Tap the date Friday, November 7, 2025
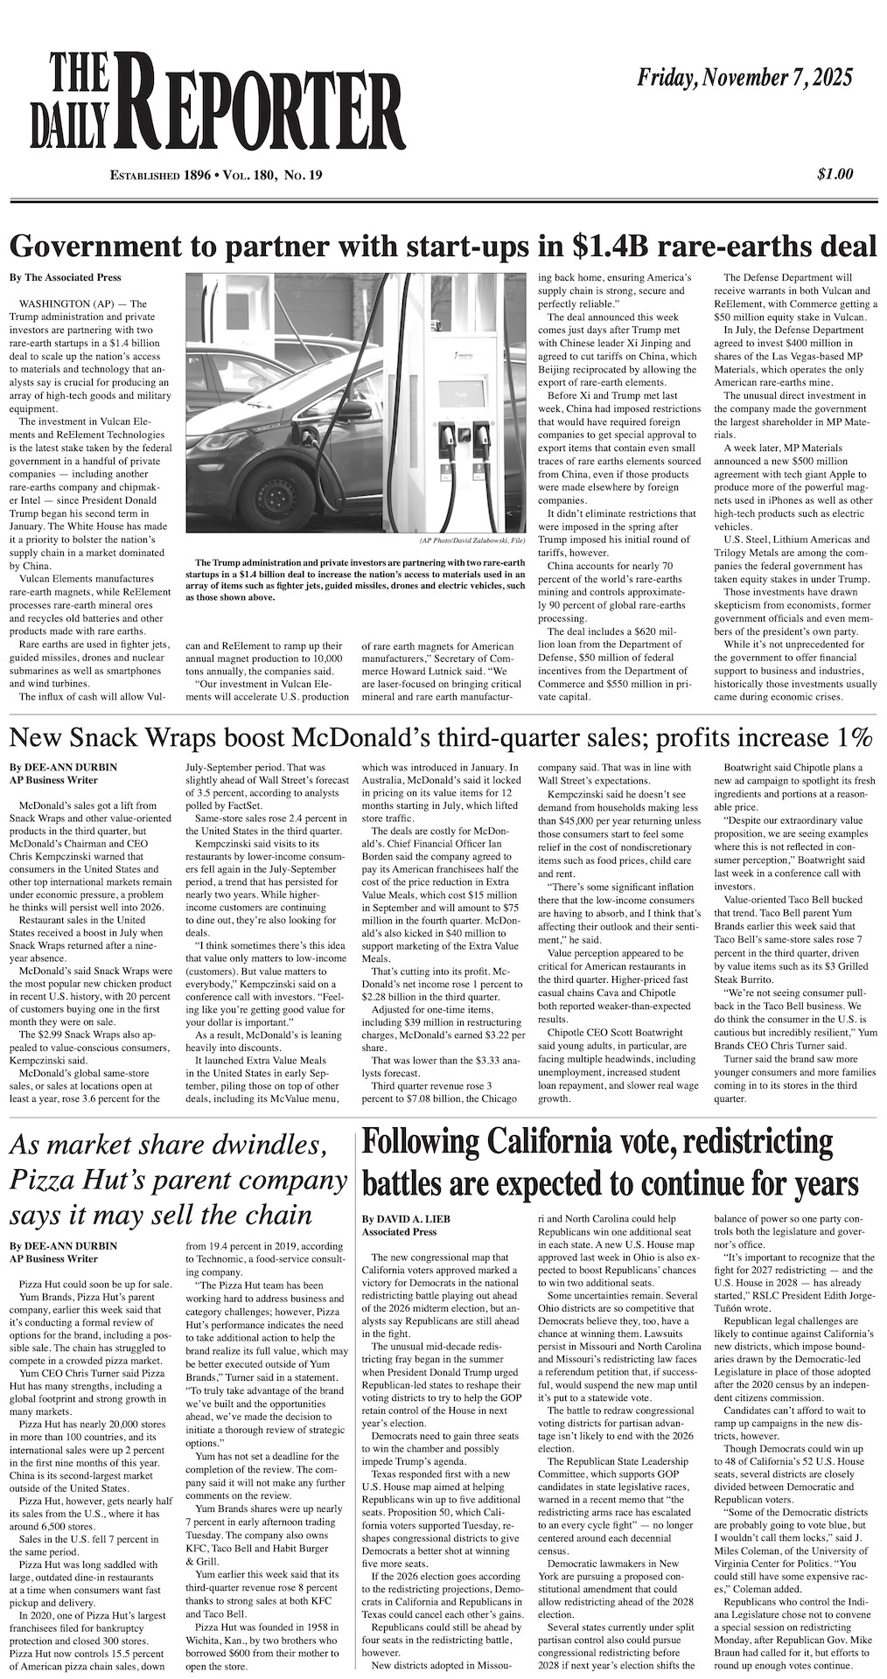(x=744, y=80)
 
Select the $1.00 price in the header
(x=835, y=175)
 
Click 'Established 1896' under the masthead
(x=160, y=176)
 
